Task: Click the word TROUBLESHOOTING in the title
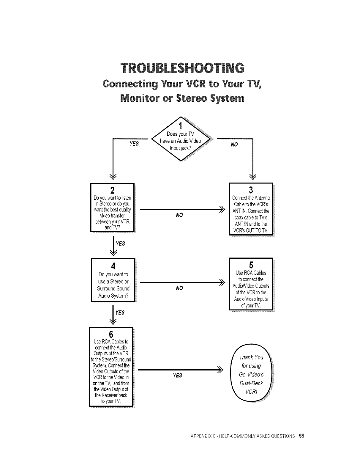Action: click(x=182, y=68)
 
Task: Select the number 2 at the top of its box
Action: click(x=112, y=190)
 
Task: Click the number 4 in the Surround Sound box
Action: click(x=113, y=265)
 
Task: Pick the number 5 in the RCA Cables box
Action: click(x=251, y=265)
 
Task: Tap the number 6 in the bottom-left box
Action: click(x=111, y=334)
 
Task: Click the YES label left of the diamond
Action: click(x=134, y=144)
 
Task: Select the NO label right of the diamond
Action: click(x=234, y=145)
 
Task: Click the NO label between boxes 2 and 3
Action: click(x=179, y=215)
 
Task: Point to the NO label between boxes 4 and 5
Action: click(x=179, y=288)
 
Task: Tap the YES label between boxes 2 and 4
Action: click(x=120, y=244)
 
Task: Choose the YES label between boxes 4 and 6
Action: click(x=120, y=312)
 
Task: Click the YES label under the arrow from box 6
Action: click(x=177, y=376)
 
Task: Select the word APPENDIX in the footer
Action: click(x=199, y=436)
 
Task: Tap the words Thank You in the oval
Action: click(x=251, y=357)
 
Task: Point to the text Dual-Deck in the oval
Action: click(x=251, y=383)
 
